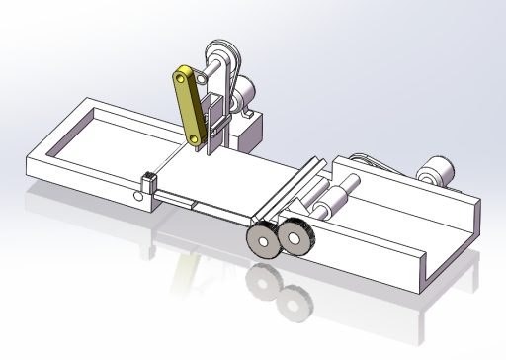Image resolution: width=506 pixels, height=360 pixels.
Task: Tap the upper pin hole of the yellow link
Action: [181, 76]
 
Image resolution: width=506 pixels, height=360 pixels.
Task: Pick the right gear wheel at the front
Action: [294, 238]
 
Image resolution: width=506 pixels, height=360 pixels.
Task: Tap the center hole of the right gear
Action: [294, 238]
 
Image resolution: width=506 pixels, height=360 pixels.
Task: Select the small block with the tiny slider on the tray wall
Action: [148, 181]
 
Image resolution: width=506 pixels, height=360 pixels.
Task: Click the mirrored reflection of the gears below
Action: [277, 292]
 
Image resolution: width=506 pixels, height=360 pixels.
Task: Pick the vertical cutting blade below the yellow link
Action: [211, 134]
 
